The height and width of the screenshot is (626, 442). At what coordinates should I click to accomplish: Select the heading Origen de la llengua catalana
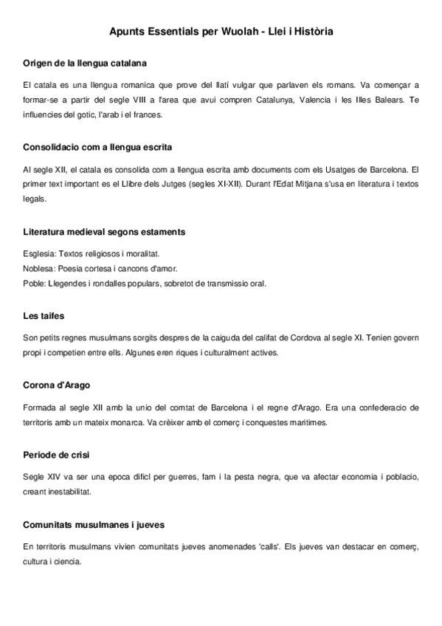[85, 63]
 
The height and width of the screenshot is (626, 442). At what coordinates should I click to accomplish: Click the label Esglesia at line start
[39, 252]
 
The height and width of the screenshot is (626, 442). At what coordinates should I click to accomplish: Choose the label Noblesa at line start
[39, 268]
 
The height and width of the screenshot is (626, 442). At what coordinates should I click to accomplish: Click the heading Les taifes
[44, 315]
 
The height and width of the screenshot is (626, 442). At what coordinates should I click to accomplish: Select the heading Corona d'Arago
[57, 385]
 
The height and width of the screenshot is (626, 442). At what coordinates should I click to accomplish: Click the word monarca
[148, 422]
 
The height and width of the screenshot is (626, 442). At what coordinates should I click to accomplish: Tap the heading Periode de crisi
[57, 453]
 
